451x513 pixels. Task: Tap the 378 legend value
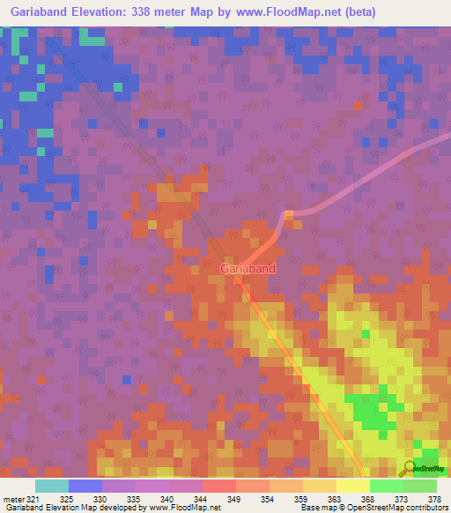(x=434, y=498)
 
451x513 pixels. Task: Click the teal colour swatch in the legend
(x=51, y=485)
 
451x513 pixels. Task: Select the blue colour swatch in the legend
(x=85, y=485)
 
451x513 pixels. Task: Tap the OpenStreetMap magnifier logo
(x=409, y=468)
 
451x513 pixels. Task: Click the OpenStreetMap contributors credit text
(x=388, y=508)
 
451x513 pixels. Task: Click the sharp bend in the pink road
(x=289, y=215)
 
